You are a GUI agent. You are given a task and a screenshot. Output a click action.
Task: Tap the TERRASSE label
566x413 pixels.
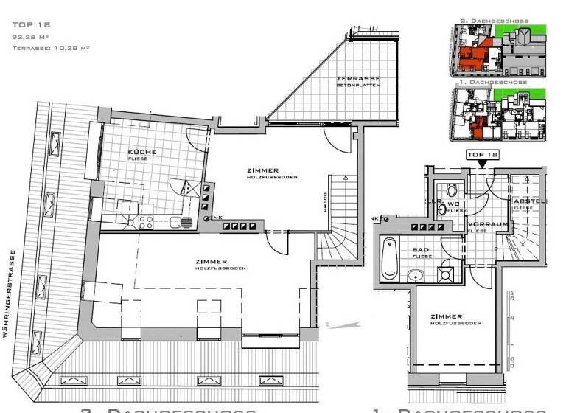[357, 79]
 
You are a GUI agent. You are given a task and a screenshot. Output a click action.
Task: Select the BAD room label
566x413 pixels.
[421, 251]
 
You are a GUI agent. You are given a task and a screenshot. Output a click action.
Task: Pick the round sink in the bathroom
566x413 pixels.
[416, 277]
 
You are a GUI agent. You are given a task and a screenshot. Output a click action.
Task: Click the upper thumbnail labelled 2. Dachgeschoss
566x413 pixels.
[500, 49]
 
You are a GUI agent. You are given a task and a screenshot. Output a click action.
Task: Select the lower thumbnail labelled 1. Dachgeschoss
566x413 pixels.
[500, 114]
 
